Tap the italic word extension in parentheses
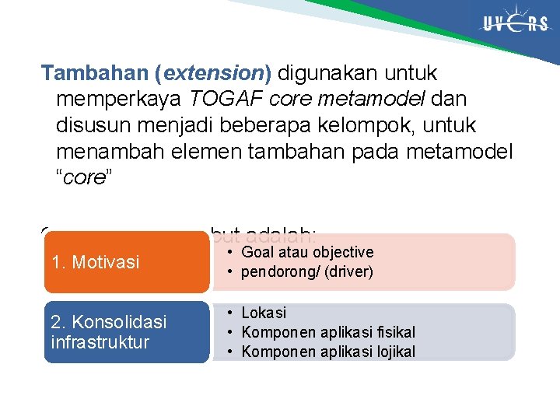213,74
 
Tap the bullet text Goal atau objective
307,252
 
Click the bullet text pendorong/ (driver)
307,272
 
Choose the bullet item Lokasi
264,313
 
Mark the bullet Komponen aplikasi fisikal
328,332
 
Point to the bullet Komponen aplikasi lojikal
328,352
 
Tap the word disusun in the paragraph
86,125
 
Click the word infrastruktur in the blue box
99,342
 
